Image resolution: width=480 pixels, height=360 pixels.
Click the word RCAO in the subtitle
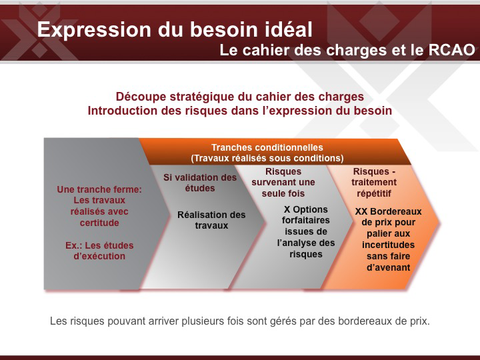(451, 50)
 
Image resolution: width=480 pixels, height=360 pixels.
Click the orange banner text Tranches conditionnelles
(267, 147)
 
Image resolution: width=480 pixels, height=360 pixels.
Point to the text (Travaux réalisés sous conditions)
(267, 158)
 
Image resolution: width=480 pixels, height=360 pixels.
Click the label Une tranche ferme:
(99, 189)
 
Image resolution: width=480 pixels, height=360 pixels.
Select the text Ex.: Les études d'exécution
(99, 251)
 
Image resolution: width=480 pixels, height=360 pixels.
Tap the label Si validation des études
(200, 183)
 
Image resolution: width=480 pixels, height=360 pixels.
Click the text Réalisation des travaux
(211, 220)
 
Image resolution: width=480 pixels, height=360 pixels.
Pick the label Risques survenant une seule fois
(283, 183)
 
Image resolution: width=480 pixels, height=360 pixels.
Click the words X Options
(306, 209)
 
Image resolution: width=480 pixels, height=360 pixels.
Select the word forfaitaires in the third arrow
(306, 220)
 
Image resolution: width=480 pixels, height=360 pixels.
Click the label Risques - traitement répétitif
(374, 183)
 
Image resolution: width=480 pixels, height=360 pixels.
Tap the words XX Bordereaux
(388, 211)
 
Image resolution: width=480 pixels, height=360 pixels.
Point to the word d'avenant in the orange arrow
(389, 267)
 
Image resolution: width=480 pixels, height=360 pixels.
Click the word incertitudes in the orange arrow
(388, 245)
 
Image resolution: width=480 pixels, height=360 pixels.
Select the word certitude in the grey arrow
(99, 223)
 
